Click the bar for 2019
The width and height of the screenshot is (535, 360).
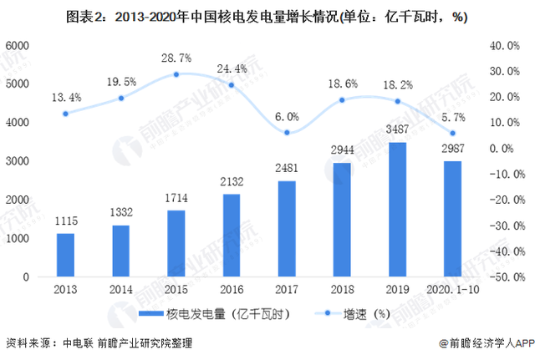click(398, 210)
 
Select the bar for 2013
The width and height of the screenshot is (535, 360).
click(65, 255)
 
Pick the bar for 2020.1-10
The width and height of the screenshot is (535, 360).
click(453, 219)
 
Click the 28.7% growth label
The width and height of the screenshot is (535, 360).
click(176, 58)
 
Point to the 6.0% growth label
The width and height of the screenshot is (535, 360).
click(288, 116)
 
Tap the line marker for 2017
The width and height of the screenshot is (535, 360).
click(287, 133)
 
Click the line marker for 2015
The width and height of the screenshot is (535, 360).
click(176, 74)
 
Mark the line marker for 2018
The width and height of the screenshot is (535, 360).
click(343, 100)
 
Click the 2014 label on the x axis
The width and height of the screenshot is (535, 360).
click(121, 289)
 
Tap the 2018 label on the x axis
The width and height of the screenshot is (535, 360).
click(343, 289)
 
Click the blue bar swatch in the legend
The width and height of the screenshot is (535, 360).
click(145, 314)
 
